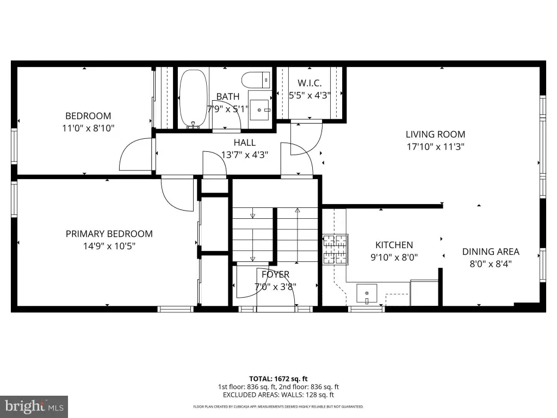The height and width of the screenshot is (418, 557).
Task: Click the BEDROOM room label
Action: click(x=88, y=116)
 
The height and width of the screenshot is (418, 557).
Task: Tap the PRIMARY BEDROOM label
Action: click(x=109, y=234)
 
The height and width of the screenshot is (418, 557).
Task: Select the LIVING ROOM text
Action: click(x=435, y=134)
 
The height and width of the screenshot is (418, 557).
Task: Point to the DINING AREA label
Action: click(x=491, y=251)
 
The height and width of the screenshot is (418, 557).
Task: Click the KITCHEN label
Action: click(x=394, y=245)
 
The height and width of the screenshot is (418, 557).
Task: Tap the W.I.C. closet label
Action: click(x=310, y=83)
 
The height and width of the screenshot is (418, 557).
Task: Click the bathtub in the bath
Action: click(x=193, y=99)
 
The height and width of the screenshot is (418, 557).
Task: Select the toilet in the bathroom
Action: click(x=256, y=80)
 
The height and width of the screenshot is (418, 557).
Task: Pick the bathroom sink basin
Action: click(x=259, y=110)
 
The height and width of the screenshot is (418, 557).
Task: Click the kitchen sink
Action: click(x=367, y=294)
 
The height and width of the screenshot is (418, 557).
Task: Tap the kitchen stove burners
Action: click(x=335, y=249)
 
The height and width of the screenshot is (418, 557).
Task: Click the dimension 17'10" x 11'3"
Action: click(x=436, y=147)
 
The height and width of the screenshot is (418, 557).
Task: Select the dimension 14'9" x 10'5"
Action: click(x=109, y=246)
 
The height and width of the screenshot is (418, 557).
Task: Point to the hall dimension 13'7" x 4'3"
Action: click(x=244, y=155)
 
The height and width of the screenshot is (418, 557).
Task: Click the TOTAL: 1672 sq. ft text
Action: click(x=278, y=379)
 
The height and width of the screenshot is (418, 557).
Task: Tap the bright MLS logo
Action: click(x=34, y=407)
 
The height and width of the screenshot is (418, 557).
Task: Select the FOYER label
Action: click(x=275, y=274)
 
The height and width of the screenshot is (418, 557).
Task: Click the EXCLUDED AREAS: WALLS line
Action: click(x=278, y=395)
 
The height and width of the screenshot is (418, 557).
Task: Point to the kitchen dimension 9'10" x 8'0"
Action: click(x=394, y=257)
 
